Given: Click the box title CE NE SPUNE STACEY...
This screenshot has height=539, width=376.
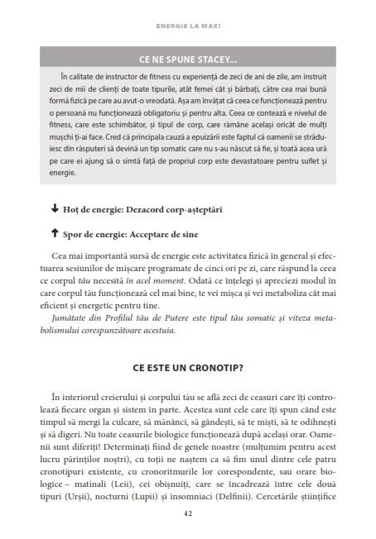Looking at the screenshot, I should tap(188, 59).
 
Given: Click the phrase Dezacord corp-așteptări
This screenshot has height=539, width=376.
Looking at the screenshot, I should tap(176, 208).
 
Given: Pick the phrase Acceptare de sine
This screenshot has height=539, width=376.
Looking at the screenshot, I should tap(175, 234).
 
